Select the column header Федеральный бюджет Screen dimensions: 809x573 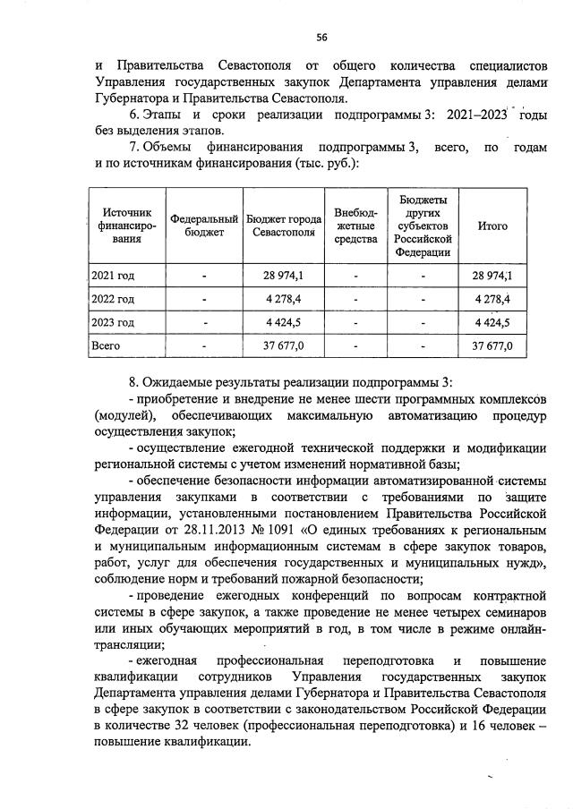pos(204,226)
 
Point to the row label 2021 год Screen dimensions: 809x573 pos(114,275)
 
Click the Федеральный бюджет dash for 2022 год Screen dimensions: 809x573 pos(204,298)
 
